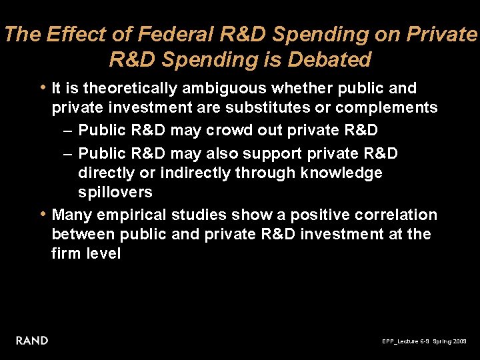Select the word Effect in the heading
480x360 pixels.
tap(71, 35)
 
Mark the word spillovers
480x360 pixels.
tap(115, 193)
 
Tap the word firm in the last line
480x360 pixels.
tap(66, 254)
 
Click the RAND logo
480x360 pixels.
tap(32, 341)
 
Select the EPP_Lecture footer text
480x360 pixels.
tap(405, 341)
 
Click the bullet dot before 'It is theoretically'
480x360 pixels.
tap(43, 87)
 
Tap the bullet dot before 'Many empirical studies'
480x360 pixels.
tap(43, 214)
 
